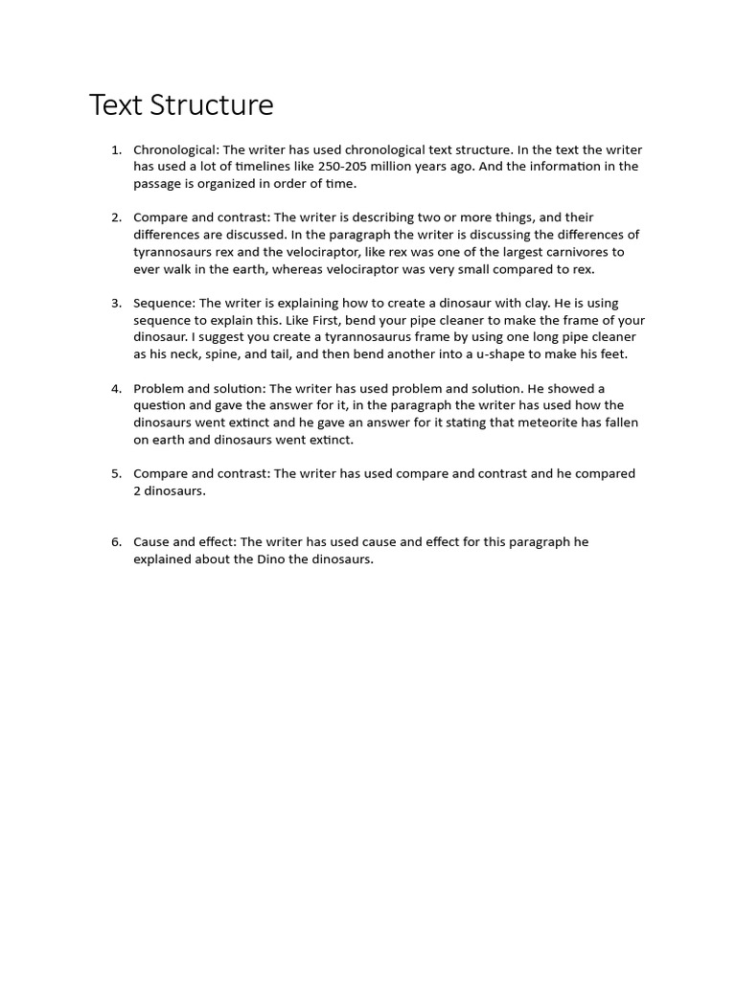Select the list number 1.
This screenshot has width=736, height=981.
click(116, 149)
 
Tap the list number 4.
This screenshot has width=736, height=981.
click(116, 389)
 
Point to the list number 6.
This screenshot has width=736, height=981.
click(116, 542)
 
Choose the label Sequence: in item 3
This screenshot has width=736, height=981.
click(164, 304)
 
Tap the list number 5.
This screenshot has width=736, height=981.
click(116, 474)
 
